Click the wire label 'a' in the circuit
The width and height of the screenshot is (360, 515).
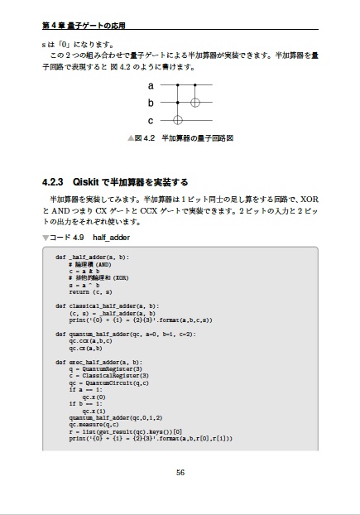pos(151,85)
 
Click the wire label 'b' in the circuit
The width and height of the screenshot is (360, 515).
pos(151,103)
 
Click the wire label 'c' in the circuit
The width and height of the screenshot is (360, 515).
pos(151,120)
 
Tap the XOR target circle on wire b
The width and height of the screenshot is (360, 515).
pos(195,103)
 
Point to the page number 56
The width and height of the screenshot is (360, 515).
pos(180,473)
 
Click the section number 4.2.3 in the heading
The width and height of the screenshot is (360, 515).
pos(52,181)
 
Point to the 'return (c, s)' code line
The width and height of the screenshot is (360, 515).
pos(90,292)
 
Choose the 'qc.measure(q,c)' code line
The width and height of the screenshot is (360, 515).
pos(97,426)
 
